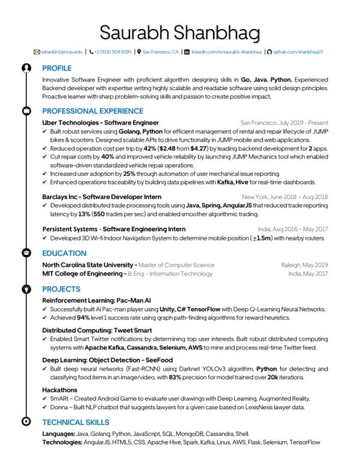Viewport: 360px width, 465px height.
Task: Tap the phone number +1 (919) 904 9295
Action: (113, 52)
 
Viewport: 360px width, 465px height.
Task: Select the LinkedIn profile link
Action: (226, 52)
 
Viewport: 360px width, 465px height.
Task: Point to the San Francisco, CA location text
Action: (161, 52)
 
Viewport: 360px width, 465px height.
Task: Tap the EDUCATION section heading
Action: (65, 253)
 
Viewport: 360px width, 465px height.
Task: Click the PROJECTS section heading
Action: (61, 288)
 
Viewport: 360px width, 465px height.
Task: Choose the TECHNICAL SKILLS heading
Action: (76, 421)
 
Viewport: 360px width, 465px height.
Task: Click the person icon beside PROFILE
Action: (26, 68)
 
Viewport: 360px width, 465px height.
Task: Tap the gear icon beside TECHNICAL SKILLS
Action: (26, 421)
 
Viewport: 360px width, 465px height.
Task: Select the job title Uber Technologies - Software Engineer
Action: (100, 124)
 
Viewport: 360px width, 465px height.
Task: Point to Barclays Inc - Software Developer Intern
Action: (102, 197)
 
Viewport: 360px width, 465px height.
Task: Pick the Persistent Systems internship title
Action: (113, 229)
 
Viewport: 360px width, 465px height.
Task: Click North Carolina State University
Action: (89, 265)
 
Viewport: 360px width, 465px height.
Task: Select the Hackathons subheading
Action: (62, 389)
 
